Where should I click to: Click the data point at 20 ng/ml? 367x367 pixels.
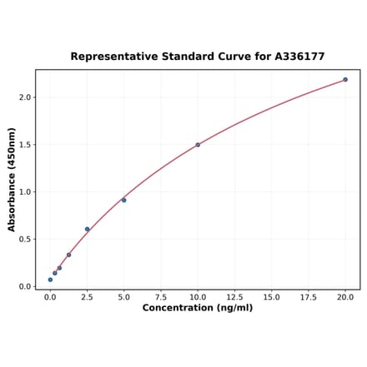point(345,80)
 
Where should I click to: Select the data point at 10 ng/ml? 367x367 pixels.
point(198,145)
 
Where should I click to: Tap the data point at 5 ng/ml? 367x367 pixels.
point(123,200)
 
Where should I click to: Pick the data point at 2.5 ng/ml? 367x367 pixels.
point(87,229)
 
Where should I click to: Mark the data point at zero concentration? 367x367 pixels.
point(50,280)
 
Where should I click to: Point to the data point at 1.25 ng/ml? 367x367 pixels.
point(68,255)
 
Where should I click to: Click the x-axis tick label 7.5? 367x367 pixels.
point(160,296)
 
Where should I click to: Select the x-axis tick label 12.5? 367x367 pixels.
point(234,296)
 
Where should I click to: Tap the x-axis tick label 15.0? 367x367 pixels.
point(271,296)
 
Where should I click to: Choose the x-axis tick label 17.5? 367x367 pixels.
point(308,296)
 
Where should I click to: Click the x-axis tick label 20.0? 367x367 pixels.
point(345,296)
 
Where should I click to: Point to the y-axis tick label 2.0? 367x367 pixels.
point(25,97)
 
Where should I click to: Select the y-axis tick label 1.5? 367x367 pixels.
point(25,145)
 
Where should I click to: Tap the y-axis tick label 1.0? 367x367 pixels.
point(25,192)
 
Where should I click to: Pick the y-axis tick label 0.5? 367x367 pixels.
point(25,240)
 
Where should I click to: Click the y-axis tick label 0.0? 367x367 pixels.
point(25,286)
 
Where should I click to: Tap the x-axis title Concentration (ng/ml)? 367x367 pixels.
point(198,308)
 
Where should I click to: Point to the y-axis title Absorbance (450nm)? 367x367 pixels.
point(12,179)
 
